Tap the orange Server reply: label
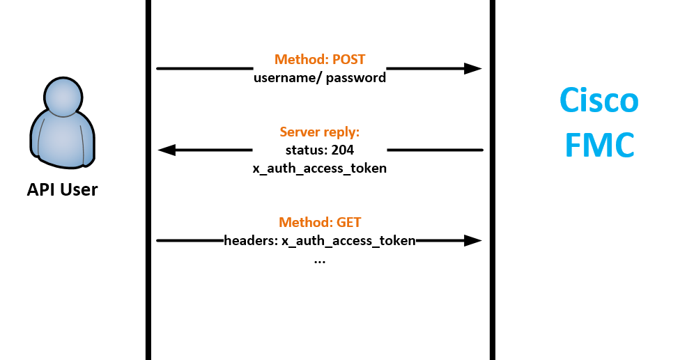[x=320, y=132]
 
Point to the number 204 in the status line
[x=342, y=150]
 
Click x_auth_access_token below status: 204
[x=320, y=168]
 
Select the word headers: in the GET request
[x=251, y=241]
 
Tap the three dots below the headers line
[x=320, y=260]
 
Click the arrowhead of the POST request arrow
[x=473, y=68]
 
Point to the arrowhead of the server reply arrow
[x=167, y=150]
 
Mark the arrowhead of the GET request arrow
[x=473, y=241]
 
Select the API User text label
[x=62, y=189]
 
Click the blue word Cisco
[x=599, y=100]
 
